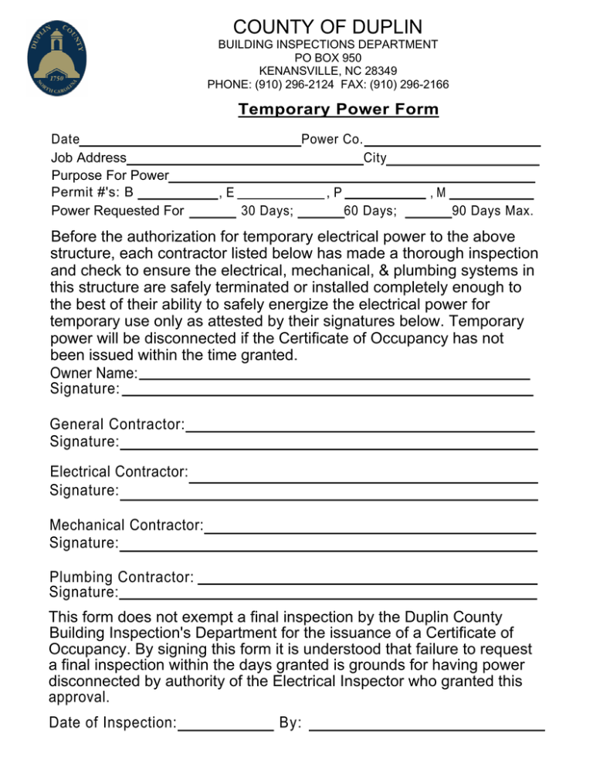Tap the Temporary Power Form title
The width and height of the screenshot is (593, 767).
click(x=338, y=110)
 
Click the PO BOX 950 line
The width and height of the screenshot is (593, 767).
click(x=328, y=58)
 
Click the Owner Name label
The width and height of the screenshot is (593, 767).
click(x=93, y=373)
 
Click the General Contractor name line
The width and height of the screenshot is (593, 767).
click(x=361, y=426)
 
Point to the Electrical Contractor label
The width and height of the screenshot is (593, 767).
click(x=119, y=471)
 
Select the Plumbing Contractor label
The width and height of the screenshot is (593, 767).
click(x=121, y=577)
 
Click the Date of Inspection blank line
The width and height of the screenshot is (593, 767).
click(x=225, y=725)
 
